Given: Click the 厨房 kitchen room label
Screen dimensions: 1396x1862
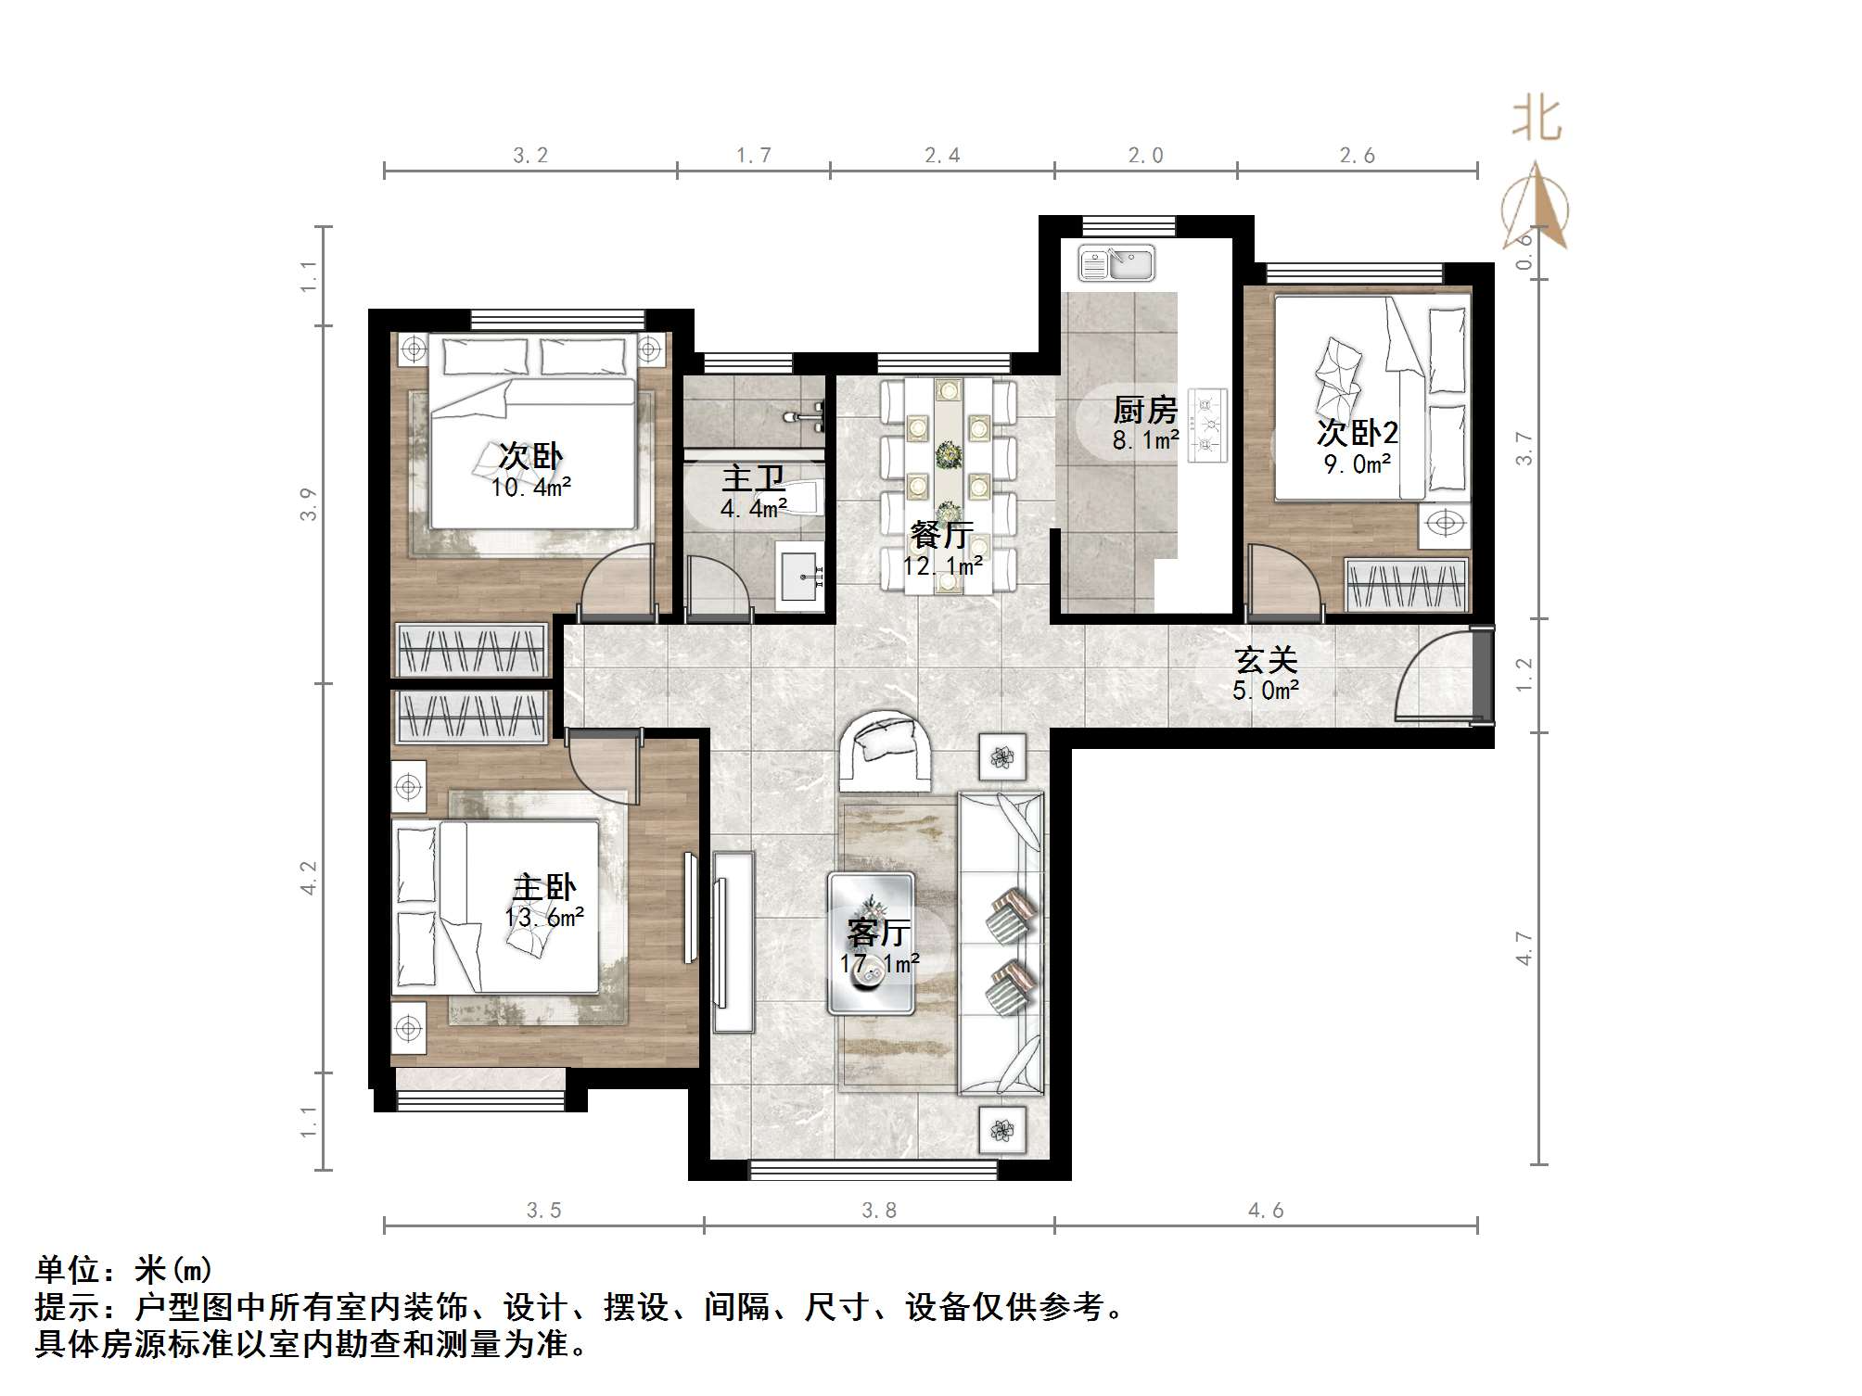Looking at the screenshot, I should (x=1144, y=409).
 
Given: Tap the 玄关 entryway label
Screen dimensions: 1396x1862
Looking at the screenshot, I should (x=1265, y=660).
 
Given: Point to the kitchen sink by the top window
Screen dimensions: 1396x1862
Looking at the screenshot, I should (x=1116, y=262).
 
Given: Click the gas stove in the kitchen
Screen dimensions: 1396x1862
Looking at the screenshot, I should (x=1207, y=425).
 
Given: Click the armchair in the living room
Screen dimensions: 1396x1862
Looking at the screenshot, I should (x=885, y=751).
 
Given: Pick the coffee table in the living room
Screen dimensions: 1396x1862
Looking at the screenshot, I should (x=872, y=942).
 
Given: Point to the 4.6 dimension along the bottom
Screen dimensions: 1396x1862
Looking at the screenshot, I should (x=1265, y=1210).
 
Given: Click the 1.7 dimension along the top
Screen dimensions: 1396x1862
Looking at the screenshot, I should (x=753, y=155).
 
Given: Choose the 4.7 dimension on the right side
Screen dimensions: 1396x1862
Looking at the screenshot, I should (x=1524, y=947).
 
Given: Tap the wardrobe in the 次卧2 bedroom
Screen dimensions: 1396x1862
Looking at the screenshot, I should (x=1406, y=586).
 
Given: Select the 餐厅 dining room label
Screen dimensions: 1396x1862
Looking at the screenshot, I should (x=940, y=535).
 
